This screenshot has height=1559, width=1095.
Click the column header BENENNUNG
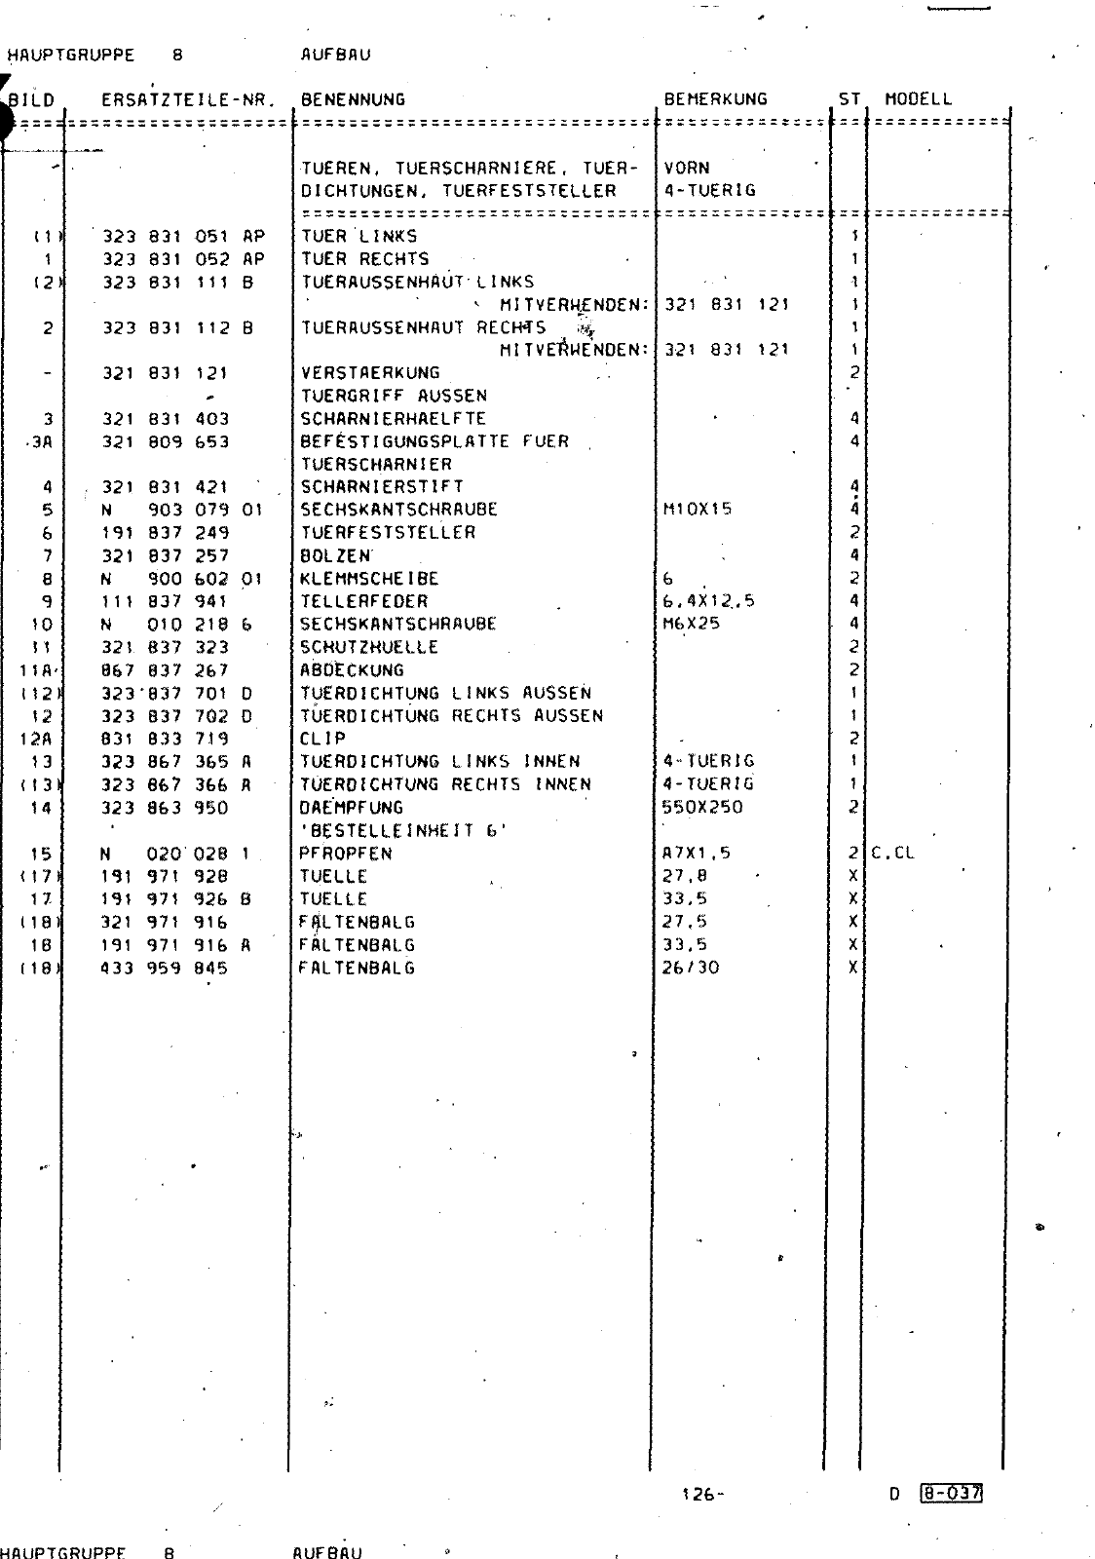click(353, 99)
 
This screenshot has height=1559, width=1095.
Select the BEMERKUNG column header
click(715, 99)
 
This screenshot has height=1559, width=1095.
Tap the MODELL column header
click(918, 99)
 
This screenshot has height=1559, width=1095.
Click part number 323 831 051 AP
click(183, 237)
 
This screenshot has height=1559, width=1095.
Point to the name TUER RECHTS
click(364, 259)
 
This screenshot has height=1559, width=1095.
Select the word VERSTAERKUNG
click(370, 373)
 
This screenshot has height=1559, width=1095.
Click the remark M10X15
click(697, 510)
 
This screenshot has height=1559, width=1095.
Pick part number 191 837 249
click(166, 533)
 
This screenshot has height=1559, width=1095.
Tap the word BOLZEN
click(335, 556)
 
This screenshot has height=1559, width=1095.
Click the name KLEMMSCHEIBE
click(369, 579)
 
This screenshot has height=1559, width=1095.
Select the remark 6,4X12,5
click(707, 601)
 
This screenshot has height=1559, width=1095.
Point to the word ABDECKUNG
click(352, 670)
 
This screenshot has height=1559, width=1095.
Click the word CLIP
click(322, 739)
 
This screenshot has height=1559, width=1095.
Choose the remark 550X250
click(701, 807)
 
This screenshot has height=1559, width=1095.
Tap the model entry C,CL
click(892, 854)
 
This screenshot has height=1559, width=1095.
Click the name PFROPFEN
click(346, 854)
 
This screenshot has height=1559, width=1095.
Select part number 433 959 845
click(165, 969)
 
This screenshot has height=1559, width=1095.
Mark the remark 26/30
click(690, 969)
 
